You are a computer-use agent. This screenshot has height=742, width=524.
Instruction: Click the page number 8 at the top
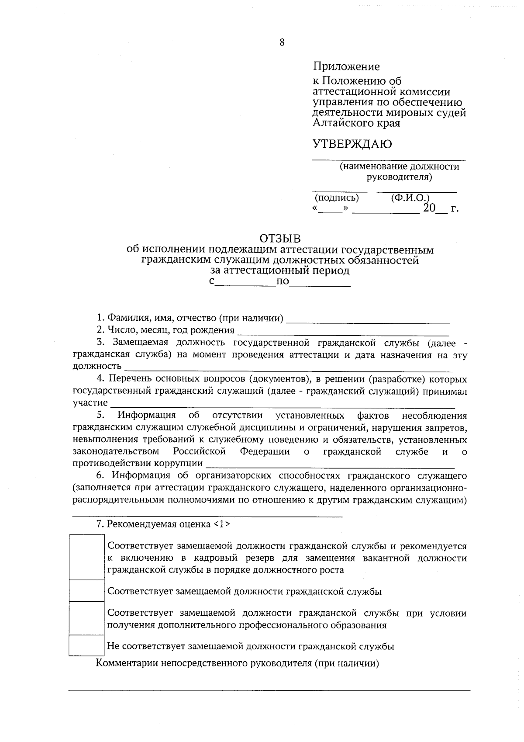[282, 42]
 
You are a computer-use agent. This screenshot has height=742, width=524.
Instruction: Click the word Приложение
[346, 67]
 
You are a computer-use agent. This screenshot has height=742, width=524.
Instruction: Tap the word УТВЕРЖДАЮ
[352, 144]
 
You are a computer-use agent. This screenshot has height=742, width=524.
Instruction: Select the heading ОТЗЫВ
[280, 239]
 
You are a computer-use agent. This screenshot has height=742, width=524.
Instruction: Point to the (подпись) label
[337, 198]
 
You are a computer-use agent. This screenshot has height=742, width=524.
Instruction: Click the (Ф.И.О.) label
[410, 198]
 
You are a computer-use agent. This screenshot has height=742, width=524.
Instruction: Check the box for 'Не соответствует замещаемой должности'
[86, 645]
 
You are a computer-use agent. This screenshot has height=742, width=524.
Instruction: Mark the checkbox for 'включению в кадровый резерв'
[86, 557]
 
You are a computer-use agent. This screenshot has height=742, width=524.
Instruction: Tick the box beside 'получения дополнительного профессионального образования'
[86, 618]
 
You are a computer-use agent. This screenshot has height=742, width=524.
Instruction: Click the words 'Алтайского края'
[356, 123]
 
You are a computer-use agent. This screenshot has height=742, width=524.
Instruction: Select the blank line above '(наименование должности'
[388, 160]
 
